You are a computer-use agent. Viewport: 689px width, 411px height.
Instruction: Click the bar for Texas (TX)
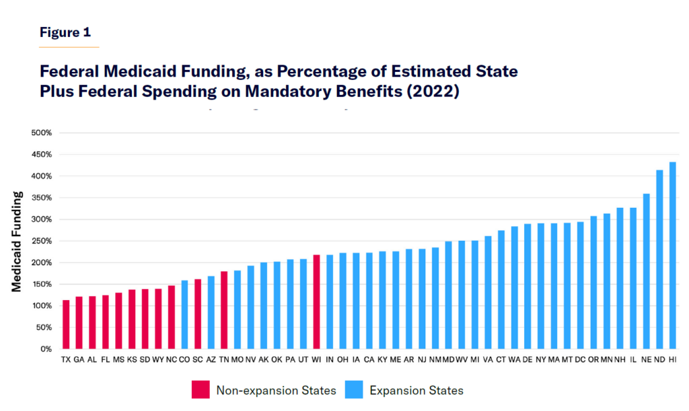66,324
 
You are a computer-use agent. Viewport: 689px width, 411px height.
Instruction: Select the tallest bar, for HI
673,256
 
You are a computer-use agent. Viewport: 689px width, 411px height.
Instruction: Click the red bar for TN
224,310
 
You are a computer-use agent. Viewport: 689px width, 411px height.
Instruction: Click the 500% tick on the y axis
42,133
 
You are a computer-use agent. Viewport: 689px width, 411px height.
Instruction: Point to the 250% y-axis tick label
42,241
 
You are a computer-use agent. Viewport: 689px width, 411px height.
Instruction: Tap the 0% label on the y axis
46,349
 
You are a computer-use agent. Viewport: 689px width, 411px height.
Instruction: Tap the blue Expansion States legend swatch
354,389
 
